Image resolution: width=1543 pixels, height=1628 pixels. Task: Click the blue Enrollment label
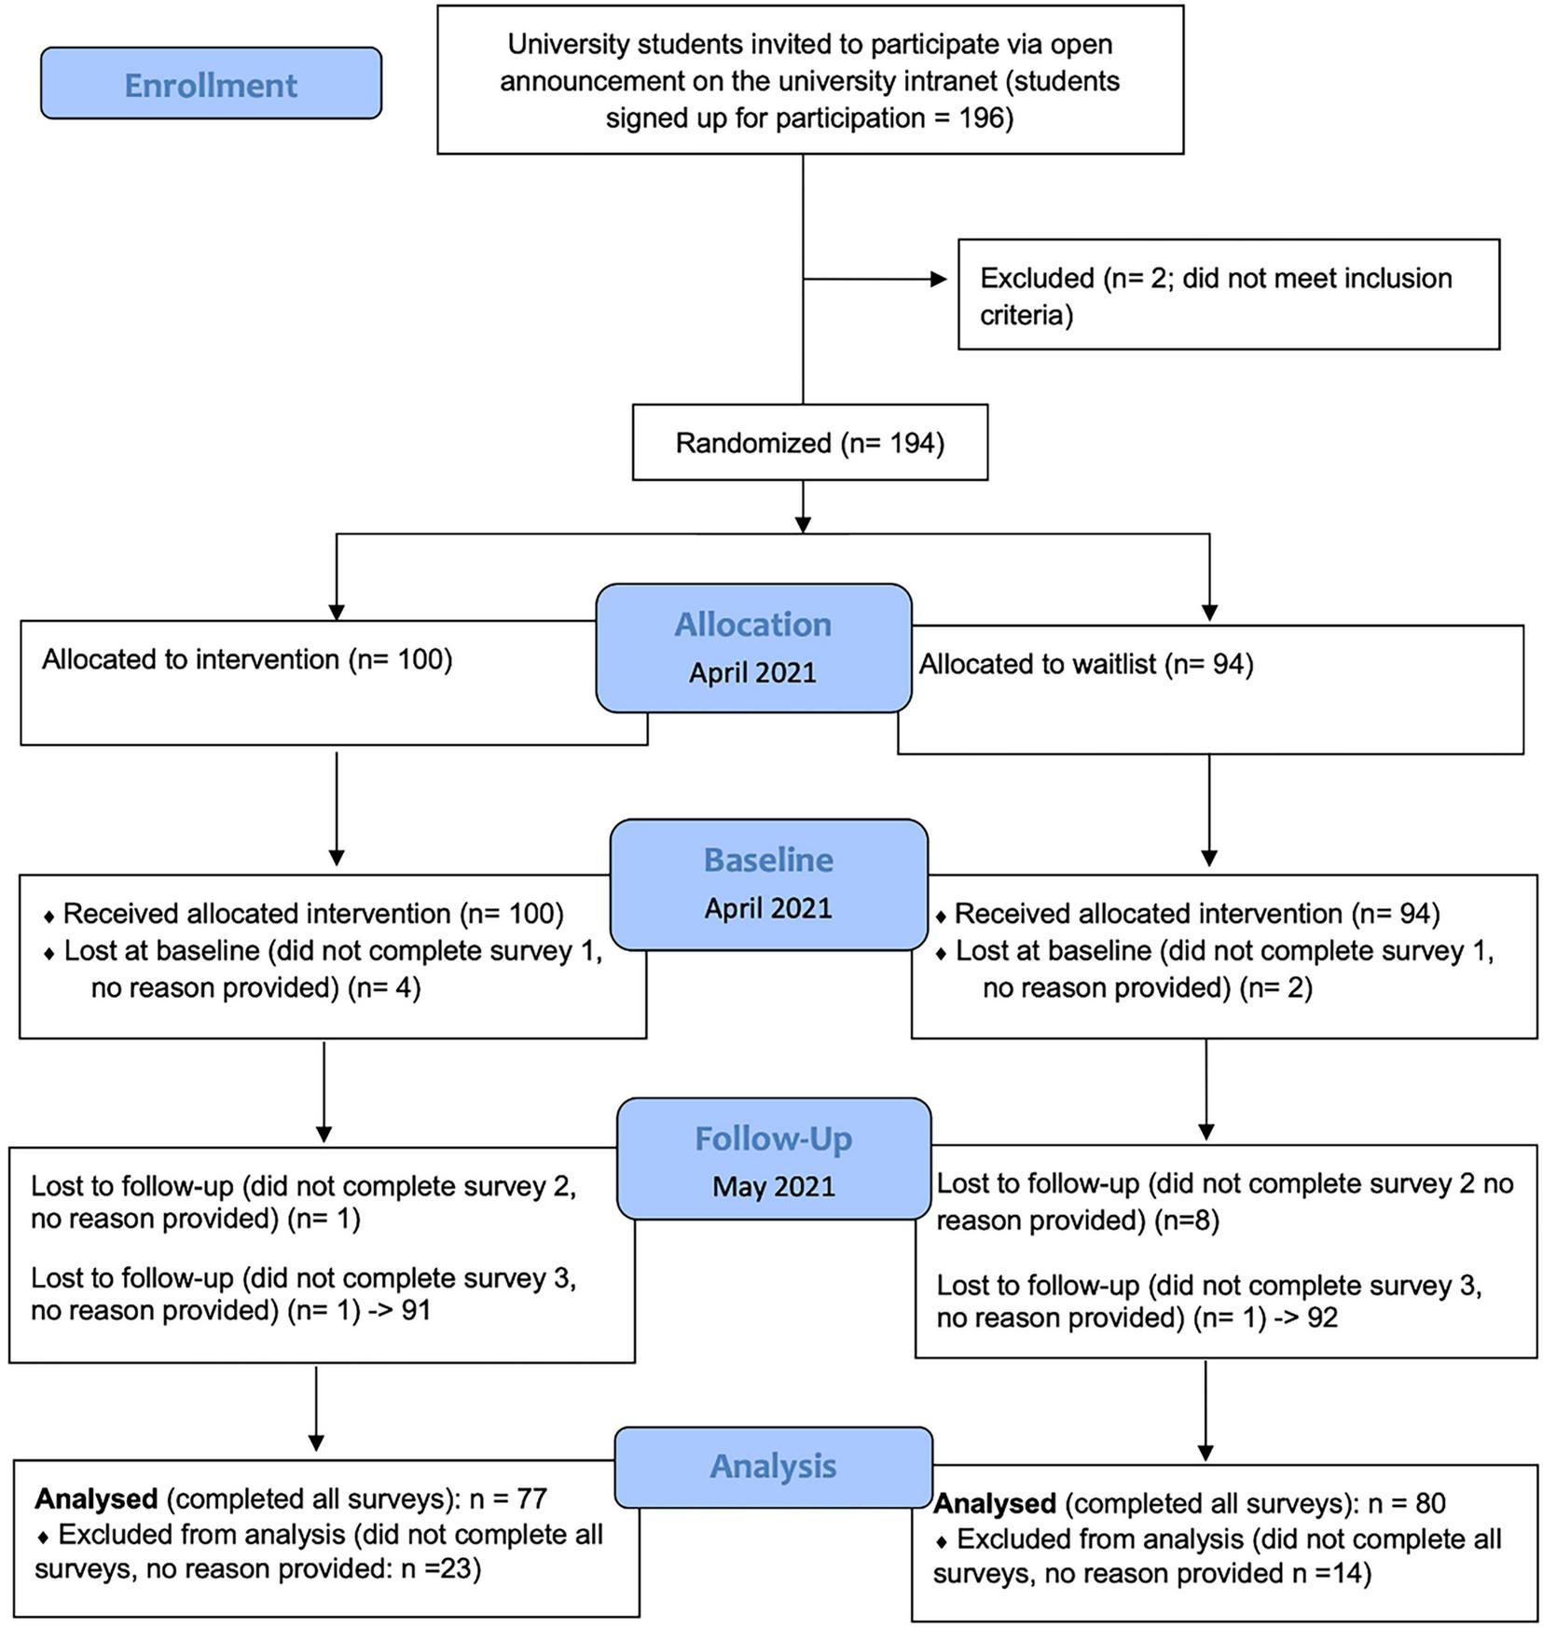click(211, 85)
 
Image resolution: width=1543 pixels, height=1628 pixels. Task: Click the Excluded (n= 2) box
click(1228, 296)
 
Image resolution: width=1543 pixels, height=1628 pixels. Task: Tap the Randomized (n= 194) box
click(809, 443)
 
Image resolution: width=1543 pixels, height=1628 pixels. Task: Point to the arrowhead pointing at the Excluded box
click(938, 279)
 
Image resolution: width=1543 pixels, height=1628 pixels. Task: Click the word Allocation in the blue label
click(752, 625)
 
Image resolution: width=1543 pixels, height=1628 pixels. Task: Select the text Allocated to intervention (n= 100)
click(247, 660)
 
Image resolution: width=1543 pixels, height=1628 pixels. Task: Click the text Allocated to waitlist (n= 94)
click(1086, 665)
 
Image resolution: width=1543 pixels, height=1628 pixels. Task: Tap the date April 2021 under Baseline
click(768, 908)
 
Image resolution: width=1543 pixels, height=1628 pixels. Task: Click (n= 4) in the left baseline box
click(384, 987)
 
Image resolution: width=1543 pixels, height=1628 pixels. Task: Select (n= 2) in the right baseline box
click(1275, 987)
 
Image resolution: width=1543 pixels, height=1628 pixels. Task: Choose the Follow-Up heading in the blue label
click(773, 1139)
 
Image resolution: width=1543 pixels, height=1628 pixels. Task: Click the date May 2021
click(773, 1187)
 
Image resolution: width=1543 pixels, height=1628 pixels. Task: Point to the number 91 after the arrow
click(416, 1310)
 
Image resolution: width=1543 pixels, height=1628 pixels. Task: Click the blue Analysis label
click(773, 1466)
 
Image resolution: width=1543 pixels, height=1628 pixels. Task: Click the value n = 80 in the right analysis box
click(1406, 1504)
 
